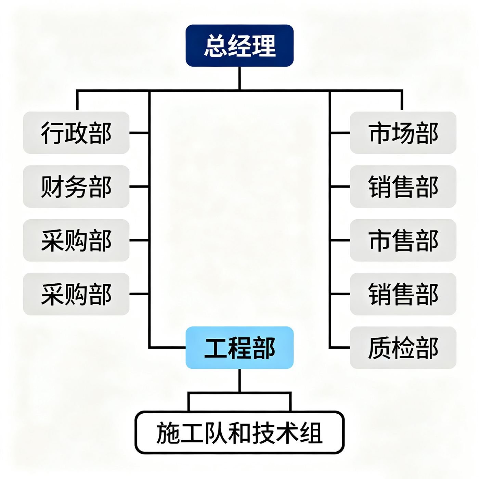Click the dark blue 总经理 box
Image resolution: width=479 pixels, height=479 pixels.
[x=239, y=46]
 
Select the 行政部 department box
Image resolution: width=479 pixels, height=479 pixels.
[x=76, y=133]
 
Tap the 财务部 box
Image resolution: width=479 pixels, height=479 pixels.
[x=76, y=186]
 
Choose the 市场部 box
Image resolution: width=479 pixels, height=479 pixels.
[x=403, y=133]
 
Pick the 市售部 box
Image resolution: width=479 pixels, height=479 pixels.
[x=403, y=240]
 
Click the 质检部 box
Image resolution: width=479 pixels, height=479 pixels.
[x=403, y=348]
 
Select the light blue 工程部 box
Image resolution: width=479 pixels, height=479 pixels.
[x=239, y=348]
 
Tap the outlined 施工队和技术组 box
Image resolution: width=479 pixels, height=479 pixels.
[x=239, y=433]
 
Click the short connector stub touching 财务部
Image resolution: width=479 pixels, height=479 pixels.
[x=139, y=186]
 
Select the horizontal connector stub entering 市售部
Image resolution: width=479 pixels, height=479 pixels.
[x=340, y=240]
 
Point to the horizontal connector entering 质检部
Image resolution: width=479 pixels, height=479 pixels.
[x=340, y=348]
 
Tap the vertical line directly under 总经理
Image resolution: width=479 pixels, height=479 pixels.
[x=239, y=78]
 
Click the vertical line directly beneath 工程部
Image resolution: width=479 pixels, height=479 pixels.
[x=239, y=380]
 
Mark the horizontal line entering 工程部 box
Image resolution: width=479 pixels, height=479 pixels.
[x=168, y=348]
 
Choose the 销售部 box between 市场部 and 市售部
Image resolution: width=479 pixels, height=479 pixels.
[x=403, y=186]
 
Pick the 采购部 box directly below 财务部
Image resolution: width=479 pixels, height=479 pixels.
[x=76, y=240]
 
